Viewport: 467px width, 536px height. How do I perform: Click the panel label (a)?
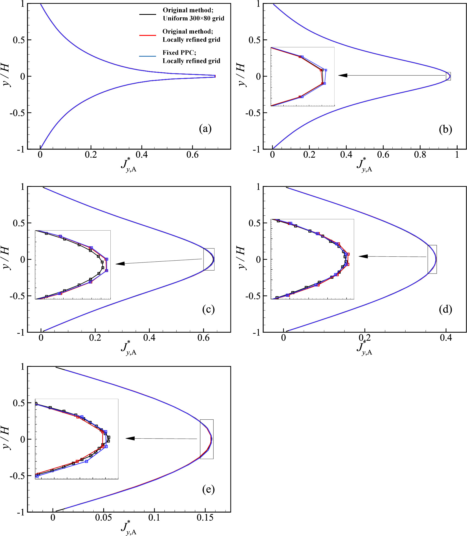pos(205,129)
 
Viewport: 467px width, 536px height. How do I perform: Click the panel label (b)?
pos(445,129)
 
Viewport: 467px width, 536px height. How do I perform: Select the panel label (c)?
pos(208,309)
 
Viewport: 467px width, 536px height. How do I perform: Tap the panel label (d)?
pos(445,309)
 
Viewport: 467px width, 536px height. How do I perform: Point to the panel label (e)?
pos(208,489)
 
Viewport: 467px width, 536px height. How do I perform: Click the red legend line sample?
pos(148,35)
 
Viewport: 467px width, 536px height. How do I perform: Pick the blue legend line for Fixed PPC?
pos(148,57)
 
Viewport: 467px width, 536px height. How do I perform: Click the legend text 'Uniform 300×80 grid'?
pos(193,18)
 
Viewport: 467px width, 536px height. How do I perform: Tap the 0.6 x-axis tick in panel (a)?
pos(192,155)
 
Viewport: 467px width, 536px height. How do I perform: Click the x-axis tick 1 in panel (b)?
pos(457,155)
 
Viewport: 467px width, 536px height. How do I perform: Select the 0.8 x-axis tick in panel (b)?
pos(420,155)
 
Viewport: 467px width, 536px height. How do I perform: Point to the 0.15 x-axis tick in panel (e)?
pos(205,518)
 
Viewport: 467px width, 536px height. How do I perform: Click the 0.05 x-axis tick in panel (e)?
pos(104,518)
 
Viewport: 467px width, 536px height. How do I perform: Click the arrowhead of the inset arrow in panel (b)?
pos(343,75)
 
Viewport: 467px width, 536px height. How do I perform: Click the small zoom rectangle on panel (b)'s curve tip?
pos(448,76)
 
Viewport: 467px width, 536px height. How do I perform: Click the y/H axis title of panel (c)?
pos(6,259)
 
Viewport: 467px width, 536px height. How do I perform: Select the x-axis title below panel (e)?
pos(129,527)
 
